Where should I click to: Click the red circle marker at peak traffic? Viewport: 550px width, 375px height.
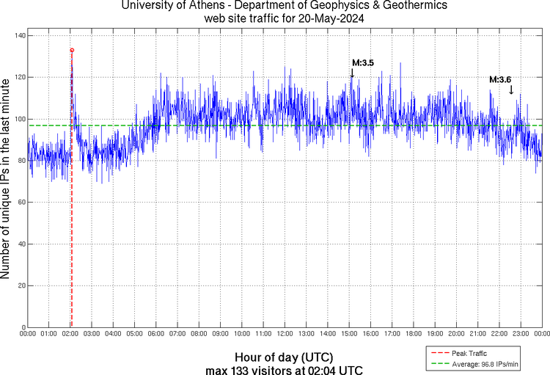72,50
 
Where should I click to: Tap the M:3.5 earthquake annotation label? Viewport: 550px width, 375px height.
363,64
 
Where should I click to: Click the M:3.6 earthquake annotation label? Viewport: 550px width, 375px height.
500,79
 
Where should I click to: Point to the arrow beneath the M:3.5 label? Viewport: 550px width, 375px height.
352,72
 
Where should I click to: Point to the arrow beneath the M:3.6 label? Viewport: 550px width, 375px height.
511,89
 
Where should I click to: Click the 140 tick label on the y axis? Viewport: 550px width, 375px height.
19,35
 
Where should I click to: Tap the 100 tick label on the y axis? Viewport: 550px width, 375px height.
19,119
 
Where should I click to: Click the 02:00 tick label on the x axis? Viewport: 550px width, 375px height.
70,334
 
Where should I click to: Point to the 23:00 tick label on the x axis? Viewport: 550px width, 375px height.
520,334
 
